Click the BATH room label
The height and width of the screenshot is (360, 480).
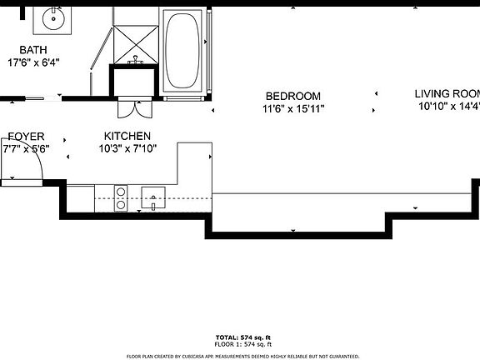pyautogui.click(x=33, y=49)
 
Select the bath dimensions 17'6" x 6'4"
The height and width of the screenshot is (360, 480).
pyautogui.click(x=33, y=62)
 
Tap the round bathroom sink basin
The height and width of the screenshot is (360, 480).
pyautogui.click(x=56, y=16)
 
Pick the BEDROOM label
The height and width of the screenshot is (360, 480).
pyautogui.click(x=292, y=96)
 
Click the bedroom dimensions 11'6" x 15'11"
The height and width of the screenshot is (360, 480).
pyautogui.click(x=292, y=108)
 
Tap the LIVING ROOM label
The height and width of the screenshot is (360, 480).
pyautogui.click(x=448, y=93)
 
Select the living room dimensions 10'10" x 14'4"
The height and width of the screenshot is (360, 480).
pyautogui.click(x=448, y=106)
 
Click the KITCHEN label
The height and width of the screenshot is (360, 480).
pyautogui.click(x=127, y=136)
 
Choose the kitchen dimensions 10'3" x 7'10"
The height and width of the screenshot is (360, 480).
pyautogui.click(x=127, y=148)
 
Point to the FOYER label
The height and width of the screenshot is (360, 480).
pyautogui.click(x=26, y=136)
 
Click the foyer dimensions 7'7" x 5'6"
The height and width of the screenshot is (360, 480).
pyautogui.click(x=26, y=148)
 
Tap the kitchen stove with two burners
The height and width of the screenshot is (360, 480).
pyautogui.click(x=121, y=197)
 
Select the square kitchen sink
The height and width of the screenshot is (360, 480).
pyautogui.click(x=155, y=197)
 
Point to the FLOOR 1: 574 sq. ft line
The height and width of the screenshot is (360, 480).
pyautogui.click(x=243, y=344)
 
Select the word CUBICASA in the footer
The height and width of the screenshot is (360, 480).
pyautogui.click(x=198, y=355)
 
